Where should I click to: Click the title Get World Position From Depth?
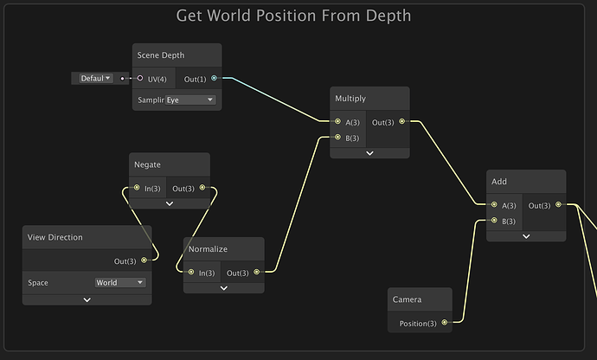[293, 16]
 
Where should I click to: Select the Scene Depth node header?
[177, 55]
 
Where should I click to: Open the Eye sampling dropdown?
[190, 100]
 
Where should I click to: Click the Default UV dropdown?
[96, 79]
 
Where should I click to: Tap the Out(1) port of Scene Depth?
[214, 78]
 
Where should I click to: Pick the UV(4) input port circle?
[139, 78]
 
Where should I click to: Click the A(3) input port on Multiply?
[337, 121]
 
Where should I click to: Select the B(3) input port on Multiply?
[337, 137]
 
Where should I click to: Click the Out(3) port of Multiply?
[402, 121]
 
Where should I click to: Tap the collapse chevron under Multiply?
[369, 153]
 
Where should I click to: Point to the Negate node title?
[147, 164]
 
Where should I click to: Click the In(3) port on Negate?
[137, 188]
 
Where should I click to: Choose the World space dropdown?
[120, 283]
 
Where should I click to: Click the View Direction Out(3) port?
[144, 260]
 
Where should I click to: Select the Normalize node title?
[208, 249]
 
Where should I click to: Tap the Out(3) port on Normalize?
[257, 272]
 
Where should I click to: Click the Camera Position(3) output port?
[445, 323]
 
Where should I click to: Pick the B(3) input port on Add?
[494, 220]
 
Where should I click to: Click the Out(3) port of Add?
[558, 204]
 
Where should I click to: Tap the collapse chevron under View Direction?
[87, 299]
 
